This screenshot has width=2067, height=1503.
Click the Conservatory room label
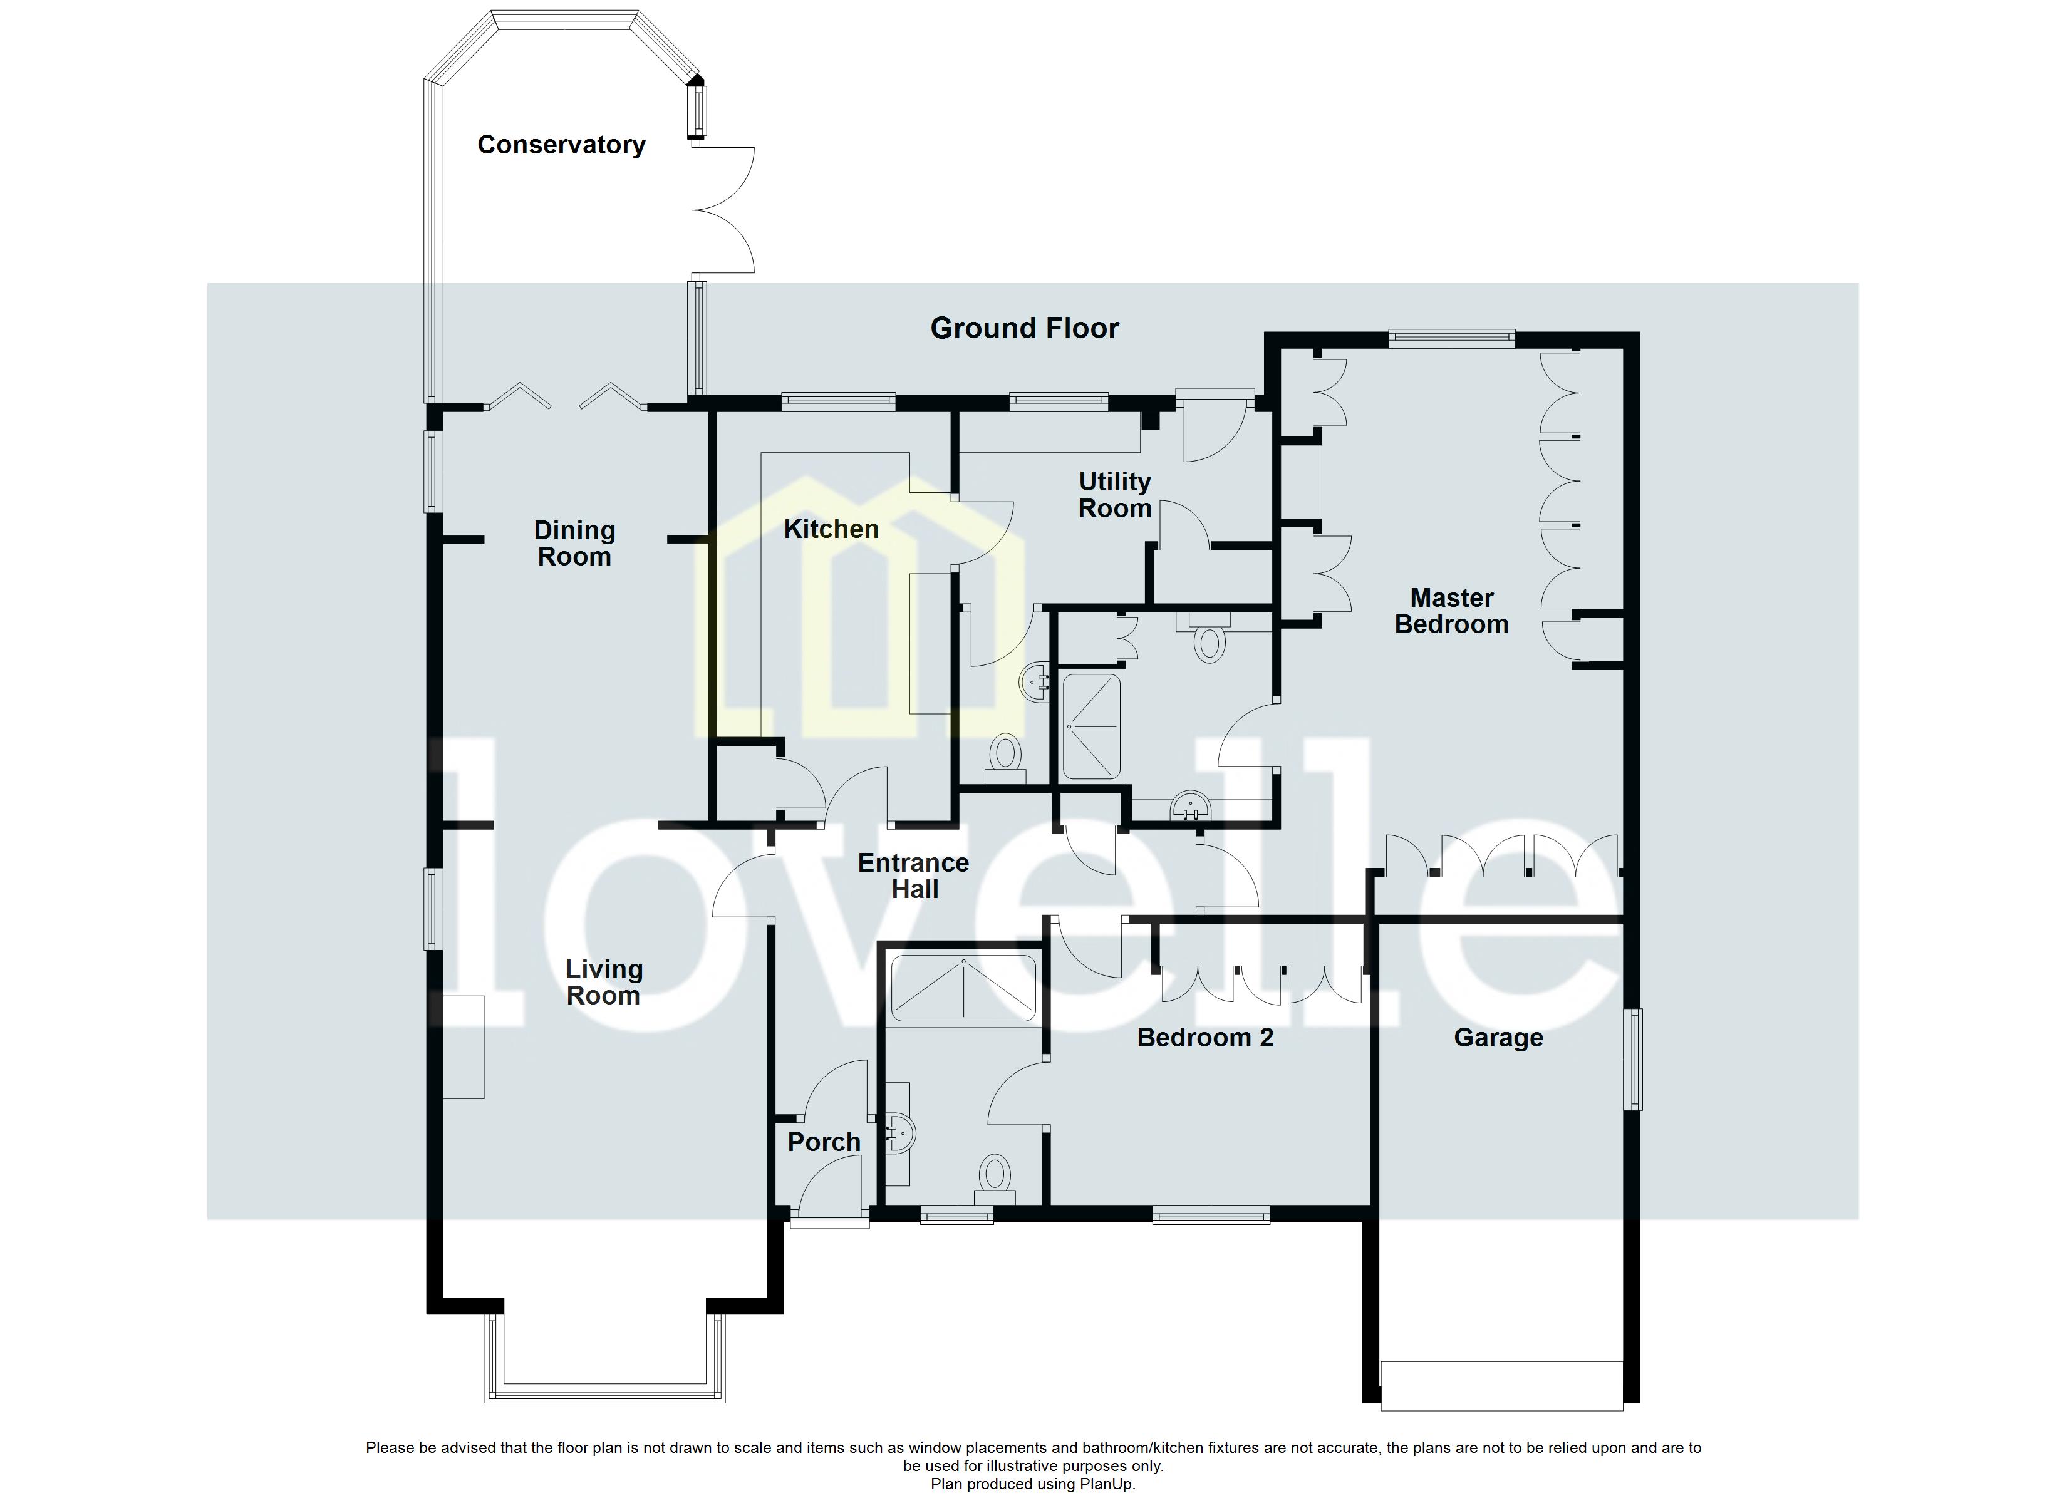tap(561, 145)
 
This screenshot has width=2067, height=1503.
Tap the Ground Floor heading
tap(1023, 328)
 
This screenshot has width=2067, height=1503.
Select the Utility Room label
tap(1114, 495)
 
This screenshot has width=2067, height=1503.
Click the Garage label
tap(1498, 1038)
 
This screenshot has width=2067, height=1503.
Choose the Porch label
tap(823, 1142)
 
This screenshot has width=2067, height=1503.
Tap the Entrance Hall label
tap(913, 876)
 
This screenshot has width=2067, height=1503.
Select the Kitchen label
tap(831, 530)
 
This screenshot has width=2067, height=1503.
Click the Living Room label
tap(603, 983)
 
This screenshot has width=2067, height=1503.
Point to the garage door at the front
tap(1501, 1398)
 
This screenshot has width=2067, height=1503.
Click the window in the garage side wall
tap(1635, 1059)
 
